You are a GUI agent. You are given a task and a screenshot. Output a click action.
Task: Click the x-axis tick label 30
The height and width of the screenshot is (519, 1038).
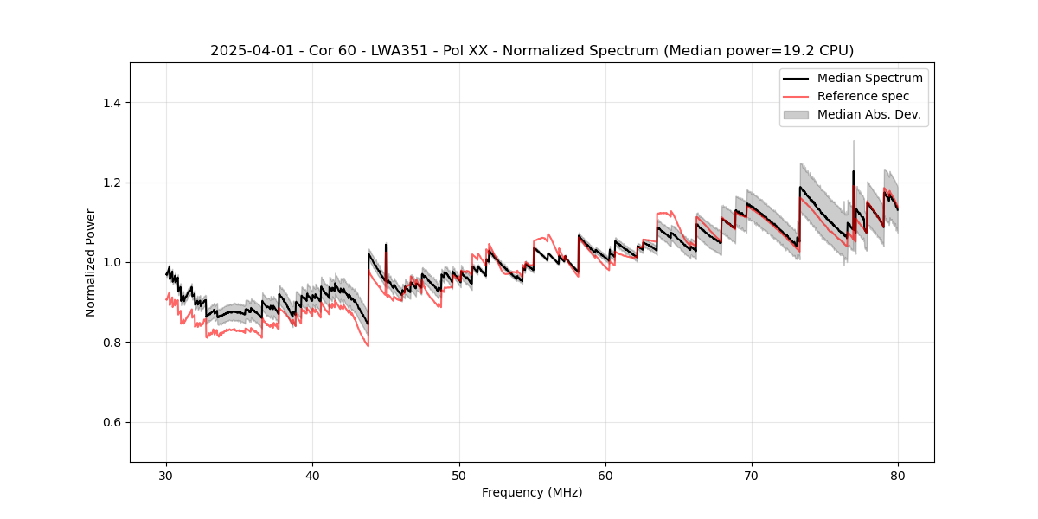pos(167,475)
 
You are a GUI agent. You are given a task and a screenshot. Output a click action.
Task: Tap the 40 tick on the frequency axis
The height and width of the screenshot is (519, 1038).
pos(313,475)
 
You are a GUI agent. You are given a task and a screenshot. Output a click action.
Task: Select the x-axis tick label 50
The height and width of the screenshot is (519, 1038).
pos(459,475)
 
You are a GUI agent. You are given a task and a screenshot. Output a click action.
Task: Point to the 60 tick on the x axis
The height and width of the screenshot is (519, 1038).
pos(605,475)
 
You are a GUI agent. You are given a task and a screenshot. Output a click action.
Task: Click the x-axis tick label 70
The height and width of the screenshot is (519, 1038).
pos(752,475)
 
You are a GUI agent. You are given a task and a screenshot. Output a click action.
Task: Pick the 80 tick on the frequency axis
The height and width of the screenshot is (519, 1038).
pos(898,475)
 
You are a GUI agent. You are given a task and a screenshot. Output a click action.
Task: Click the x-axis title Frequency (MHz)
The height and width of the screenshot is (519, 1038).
pos(532,492)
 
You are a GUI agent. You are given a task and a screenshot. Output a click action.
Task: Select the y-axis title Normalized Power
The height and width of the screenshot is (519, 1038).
pos(91,262)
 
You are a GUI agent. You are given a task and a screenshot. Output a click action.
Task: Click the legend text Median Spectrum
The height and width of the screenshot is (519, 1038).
pos(869,78)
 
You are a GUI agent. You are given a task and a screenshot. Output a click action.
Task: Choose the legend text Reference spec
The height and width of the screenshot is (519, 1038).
pos(862,96)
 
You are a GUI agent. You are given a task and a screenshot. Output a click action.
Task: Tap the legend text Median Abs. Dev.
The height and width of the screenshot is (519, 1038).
pos(868,114)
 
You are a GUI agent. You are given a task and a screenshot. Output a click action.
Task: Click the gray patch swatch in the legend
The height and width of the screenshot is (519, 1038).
pos(796,114)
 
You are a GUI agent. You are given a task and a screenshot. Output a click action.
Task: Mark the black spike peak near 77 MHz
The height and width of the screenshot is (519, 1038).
pos(853,171)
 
